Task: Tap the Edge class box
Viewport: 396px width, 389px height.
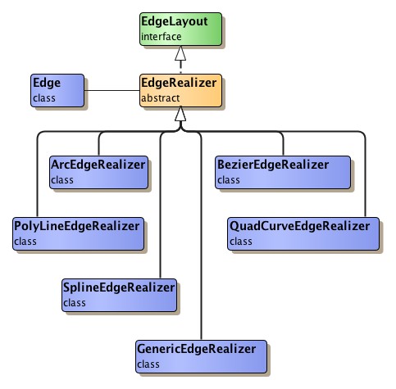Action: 57,90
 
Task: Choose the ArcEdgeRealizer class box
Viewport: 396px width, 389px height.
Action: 98,172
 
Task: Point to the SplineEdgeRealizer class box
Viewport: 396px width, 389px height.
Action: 120,295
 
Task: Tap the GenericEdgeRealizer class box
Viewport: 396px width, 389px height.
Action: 201,355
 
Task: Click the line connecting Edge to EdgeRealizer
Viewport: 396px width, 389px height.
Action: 112,90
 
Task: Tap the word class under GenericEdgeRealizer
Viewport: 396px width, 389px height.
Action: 148,364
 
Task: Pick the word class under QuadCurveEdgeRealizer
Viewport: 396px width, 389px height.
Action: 241,242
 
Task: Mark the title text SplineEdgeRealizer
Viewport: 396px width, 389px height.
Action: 120,287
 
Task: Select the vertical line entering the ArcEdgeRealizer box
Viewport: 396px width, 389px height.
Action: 98,144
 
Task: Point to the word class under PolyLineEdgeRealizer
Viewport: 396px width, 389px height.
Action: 25,242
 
